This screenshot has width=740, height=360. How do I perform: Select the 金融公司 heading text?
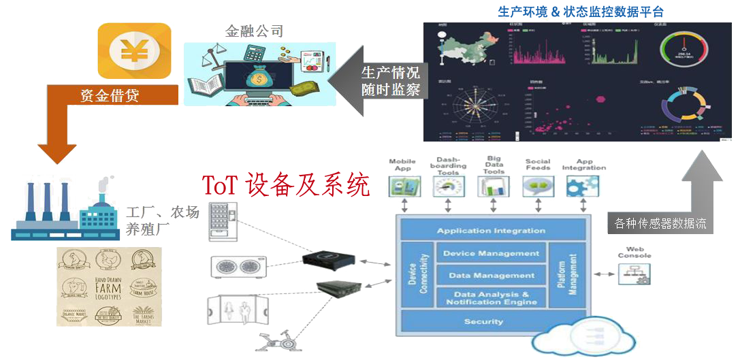point(255,31)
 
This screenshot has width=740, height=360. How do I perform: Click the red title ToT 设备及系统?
point(286,184)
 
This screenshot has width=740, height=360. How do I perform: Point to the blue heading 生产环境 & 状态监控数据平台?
point(581,12)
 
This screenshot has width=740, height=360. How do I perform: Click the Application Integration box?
point(491,231)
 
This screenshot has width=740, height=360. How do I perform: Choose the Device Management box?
point(491,254)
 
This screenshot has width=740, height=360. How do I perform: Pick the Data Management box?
point(491,276)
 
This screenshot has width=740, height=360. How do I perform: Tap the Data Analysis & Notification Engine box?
point(491,298)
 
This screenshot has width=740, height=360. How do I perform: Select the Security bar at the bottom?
point(483,321)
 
